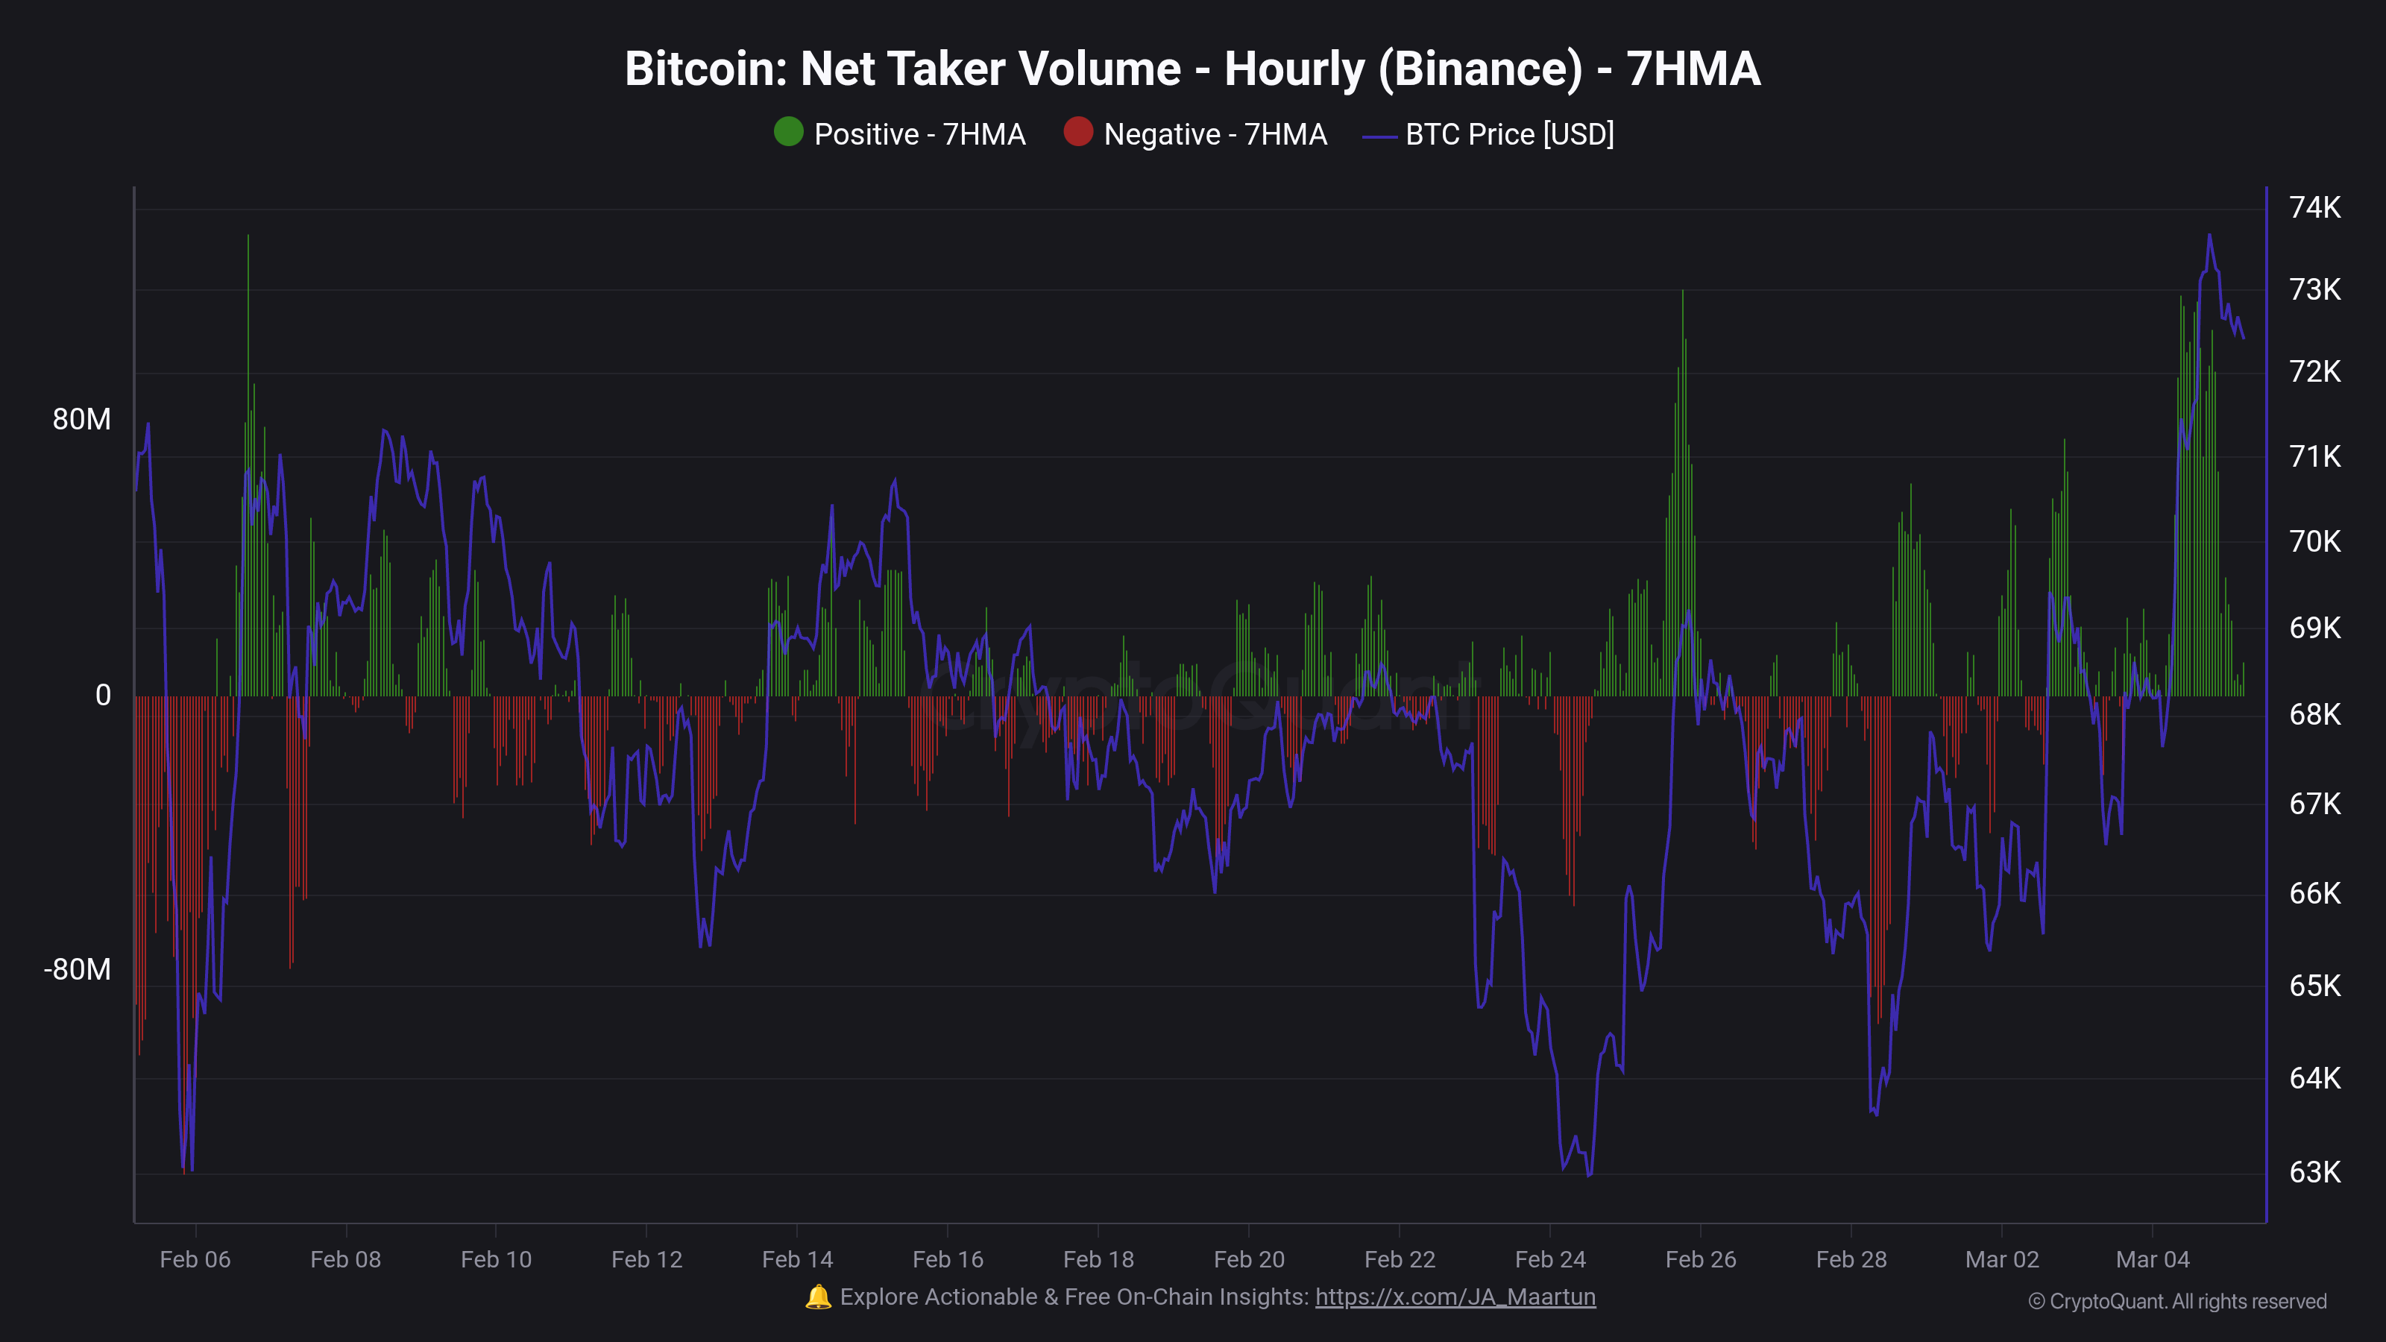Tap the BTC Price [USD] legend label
[1509, 134]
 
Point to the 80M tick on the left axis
[81, 420]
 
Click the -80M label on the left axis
[77, 970]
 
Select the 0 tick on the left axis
[103, 696]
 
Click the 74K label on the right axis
[2314, 207]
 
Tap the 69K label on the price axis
[2314, 628]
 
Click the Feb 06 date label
[195, 1259]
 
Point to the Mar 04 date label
[2153, 1259]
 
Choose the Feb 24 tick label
[1549, 1259]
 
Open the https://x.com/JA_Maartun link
[1455, 1297]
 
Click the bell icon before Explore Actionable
[818, 1297]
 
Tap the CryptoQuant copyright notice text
[2176, 1301]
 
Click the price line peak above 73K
[2209, 236]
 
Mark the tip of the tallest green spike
[248, 236]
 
